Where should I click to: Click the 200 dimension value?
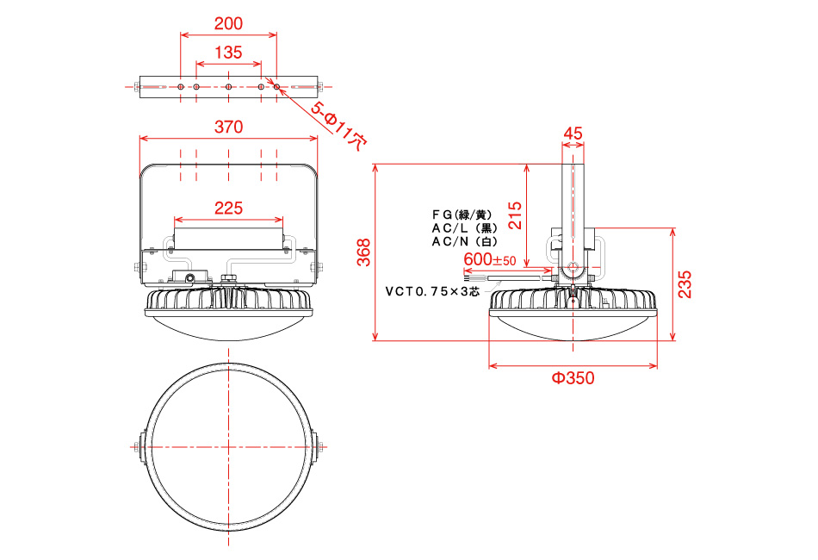click(228, 23)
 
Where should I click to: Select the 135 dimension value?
click(228, 53)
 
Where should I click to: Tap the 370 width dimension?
click(228, 127)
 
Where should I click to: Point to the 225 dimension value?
click(228, 208)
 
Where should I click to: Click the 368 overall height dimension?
click(363, 252)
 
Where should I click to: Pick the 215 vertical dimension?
click(514, 215)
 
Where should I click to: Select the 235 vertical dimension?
click(685, 284)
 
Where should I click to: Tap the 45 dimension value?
click(573, 134)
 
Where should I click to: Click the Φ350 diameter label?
click(573, 378)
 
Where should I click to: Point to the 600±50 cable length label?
click(489, 259)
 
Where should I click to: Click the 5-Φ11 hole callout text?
click(339, 125)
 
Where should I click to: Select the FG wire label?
click(462, 215)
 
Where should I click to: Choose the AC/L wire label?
click(464, 228)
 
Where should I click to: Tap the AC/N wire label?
click(464, 241)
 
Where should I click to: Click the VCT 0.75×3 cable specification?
click(432, 291)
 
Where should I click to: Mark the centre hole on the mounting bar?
click(228, 87)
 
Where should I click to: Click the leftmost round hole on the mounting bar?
click(181, 87)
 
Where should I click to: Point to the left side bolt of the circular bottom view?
click(138, 447)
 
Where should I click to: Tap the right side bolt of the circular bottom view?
click(319, 447)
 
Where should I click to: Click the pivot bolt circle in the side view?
click(573, 268)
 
